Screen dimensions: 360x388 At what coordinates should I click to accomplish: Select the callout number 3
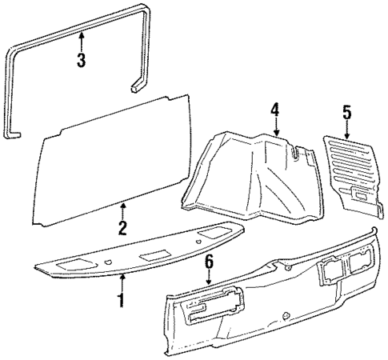82,61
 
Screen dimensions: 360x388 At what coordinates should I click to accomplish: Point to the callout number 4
274,109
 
